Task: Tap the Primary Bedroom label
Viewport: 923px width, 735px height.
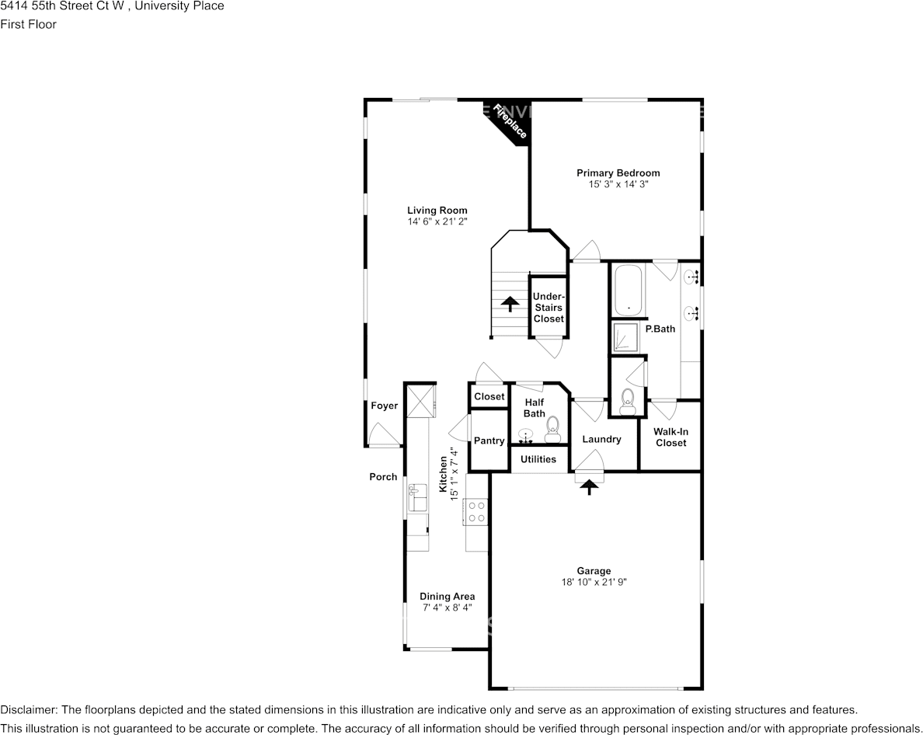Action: (x=618, y=173)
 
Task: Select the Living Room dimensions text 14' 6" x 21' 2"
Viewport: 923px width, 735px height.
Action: (x=437, y=221)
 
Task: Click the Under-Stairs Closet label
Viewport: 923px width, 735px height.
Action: (x=549, y=308)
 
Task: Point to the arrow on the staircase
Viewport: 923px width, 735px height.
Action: (x=510, y=303)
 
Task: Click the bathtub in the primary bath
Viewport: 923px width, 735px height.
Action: (x=628, y=291)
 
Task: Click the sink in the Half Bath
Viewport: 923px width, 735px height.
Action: (x=525, y=435)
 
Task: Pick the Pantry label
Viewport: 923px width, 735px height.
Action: (x=489, y=441)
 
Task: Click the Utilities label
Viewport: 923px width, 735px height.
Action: (x=538, y=459)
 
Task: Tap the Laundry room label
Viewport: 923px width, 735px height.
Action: (x=601, y=439)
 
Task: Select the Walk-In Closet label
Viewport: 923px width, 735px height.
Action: (x=670, y=437)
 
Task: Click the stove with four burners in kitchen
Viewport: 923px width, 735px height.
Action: (x=476, y=511)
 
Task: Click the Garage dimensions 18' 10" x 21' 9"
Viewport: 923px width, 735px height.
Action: (x=594, y=582)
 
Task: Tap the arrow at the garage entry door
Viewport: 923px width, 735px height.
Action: (x=589, y=486)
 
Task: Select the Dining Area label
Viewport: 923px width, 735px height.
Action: (x=447, y=597)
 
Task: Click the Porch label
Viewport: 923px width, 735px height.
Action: (x=383, y=477)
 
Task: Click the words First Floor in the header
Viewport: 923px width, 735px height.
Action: (x=28, y=24)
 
